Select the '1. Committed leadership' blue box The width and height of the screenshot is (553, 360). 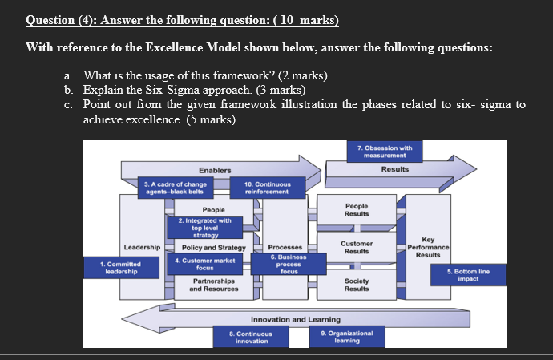pyautogui.click(x=120, y=267)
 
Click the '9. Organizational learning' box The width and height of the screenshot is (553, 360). pyautogui.click(x=340, y=337)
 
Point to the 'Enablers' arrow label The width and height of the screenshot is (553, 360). pyautogui.click(x=215, y=170)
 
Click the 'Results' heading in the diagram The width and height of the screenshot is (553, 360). pyautogui.click(x=394, y=169)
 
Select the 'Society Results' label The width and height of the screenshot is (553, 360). pyautogui.click(x=357, y=285)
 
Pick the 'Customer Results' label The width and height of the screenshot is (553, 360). pyautogui.click(x=357, y=246)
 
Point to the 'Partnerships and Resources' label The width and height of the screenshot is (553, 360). pyautogui.click(x=213, y=285)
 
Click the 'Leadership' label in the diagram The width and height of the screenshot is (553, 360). pyautogui.click(x=142, y=248)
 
